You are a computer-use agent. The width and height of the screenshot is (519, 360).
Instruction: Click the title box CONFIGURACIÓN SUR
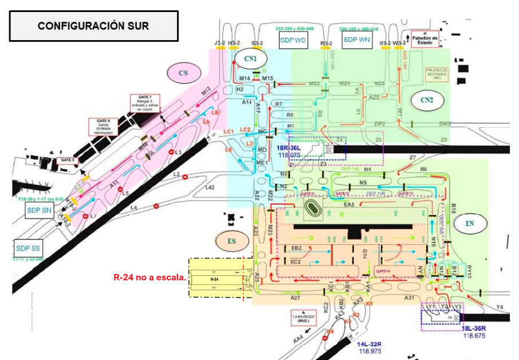point(93,26)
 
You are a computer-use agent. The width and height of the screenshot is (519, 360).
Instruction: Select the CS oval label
point(183,73)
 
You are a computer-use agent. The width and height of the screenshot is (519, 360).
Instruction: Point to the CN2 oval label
point(427,100)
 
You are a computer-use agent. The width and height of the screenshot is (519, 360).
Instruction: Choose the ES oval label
point(231,241)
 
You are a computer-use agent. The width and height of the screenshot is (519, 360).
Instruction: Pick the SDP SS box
point(29,248)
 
